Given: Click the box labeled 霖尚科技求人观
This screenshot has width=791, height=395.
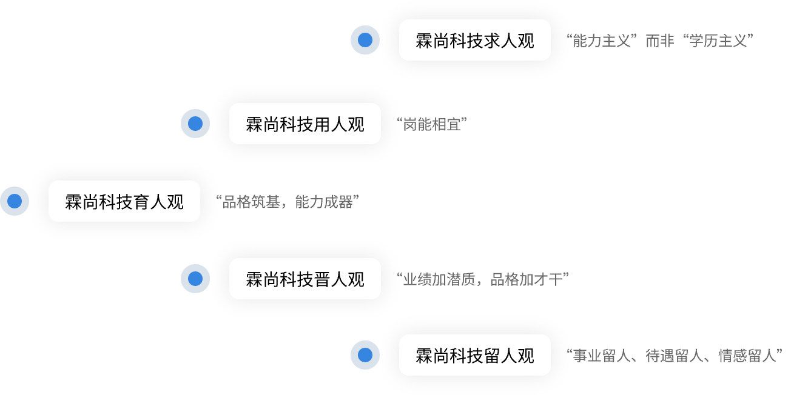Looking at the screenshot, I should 474,41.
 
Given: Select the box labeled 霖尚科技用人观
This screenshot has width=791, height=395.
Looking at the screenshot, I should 305,124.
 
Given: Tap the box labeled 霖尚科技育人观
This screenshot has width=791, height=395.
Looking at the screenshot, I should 124,202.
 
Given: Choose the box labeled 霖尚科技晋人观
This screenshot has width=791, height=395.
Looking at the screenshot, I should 305,279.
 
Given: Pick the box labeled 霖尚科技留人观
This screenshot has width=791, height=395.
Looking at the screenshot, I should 474,356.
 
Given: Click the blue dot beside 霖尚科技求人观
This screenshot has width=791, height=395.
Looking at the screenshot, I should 365,41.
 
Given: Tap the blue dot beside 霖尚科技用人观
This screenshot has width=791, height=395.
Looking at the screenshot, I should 195,124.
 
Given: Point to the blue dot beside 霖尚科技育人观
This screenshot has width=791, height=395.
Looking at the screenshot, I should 15,202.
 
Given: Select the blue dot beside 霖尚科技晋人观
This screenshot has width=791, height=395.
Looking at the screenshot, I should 195,279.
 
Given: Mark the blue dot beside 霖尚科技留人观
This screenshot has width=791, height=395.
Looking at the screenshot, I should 365,356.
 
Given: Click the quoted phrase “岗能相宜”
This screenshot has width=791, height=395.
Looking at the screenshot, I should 431,125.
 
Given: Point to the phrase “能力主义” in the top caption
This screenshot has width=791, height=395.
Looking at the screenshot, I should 602,41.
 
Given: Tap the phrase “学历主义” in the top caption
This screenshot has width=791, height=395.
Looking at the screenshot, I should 718,41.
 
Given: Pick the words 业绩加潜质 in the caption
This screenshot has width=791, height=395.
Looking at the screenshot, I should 439,280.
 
